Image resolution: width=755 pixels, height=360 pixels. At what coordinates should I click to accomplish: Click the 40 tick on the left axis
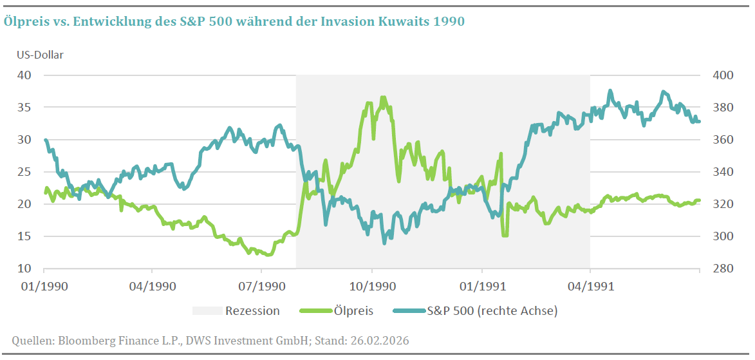[24, 75]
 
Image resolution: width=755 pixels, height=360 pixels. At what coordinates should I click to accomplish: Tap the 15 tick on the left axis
[24, 236]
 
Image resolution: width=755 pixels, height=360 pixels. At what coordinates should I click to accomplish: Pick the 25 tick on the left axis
[24, 171]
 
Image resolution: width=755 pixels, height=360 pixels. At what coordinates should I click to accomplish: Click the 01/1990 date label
[44, 286]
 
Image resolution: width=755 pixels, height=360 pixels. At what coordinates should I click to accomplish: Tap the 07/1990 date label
[261, 286]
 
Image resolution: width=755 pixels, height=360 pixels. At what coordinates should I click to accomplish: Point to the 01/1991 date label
[482, 286]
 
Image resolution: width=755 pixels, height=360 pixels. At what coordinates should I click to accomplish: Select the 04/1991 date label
[590, 286]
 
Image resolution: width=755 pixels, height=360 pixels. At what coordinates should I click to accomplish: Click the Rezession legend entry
[236, 311]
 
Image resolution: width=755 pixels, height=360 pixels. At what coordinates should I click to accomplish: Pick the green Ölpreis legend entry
[336, 311]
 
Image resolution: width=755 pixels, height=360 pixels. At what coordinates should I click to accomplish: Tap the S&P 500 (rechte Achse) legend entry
[475, 311]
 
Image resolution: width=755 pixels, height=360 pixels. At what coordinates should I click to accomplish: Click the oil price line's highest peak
[383, 97]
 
